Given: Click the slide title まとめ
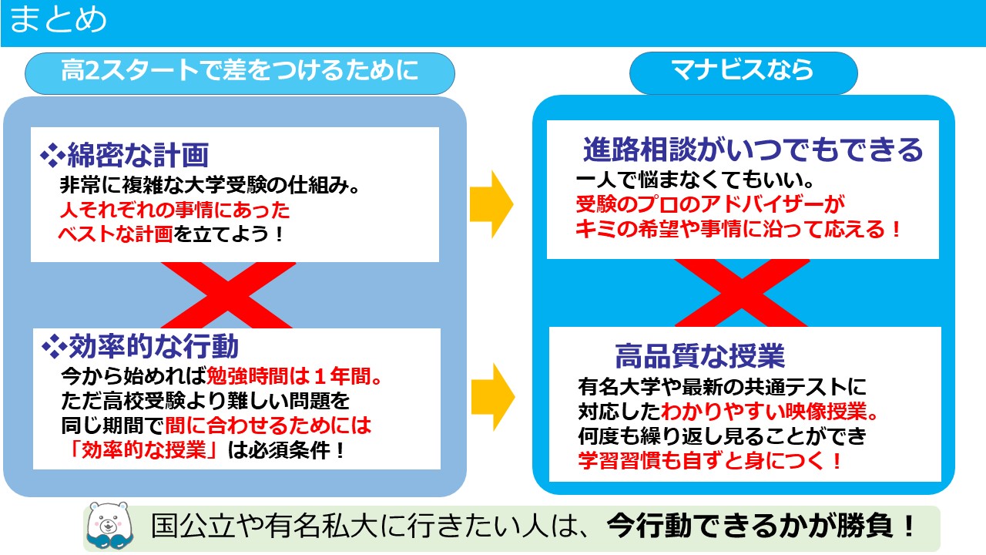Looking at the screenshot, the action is pyautogui.click(x=58, y=20).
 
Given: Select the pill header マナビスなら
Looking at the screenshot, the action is pyautogui.click(x=743, y=72).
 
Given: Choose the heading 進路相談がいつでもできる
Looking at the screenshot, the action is pyautogui.click(x=753, y=150).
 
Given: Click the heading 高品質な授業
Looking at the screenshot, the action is pyautogui.click(x=700, y=355).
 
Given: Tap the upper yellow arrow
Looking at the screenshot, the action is pyautogui.click(x=491, y=204).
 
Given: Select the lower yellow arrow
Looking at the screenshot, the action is pyautogui.click(x=493, y=397).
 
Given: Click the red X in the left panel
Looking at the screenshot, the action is pyautogui.click(x=228, y=295).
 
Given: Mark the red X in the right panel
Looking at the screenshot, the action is pyautogui.click(x=742, y=293).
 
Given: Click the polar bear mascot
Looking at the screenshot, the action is pyautogui.click(x=109, y=526).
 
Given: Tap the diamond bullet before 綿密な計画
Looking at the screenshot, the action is pyautogui.click(x=53, y=155).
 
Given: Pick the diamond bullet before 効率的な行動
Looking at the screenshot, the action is pyautogui.click(x=55, y=346).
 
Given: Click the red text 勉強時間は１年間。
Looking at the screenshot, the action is pyautogui.click(x=293, y=377).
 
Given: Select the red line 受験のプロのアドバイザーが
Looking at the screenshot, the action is pyautogui.click(x=710, y=204).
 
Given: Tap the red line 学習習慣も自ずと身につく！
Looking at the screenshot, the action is pyautogui.click(x=709, y=461).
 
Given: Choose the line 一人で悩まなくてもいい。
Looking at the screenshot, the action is pyautogui.click(x=695, y=180).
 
